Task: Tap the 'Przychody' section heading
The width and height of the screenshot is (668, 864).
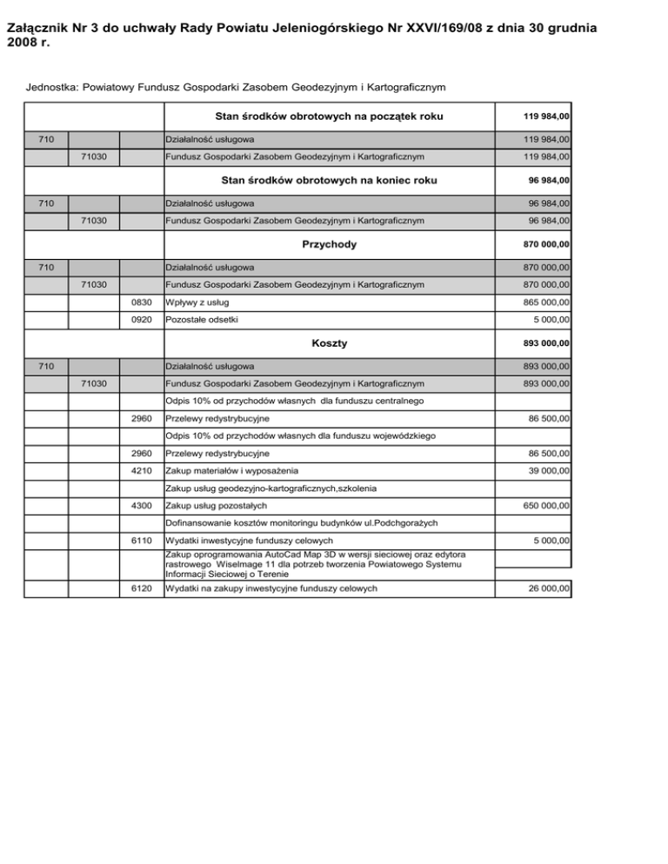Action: pos(330,245)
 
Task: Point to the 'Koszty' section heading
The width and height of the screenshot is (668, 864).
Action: pos(330,343)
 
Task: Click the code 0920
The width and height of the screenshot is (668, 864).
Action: pos(141,321)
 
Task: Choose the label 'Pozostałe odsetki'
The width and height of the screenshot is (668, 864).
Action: pos(203,321)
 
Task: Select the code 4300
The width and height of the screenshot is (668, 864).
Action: pos(141,505)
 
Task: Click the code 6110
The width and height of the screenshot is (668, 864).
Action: pos(141,541)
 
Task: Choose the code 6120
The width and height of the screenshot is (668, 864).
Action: pos(141,589)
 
